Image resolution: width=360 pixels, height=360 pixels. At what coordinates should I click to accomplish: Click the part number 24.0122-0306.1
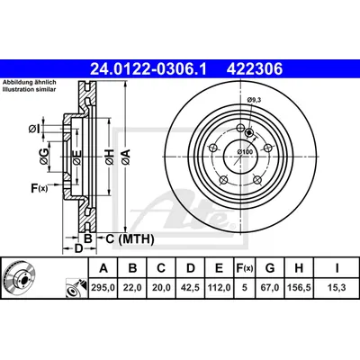148,68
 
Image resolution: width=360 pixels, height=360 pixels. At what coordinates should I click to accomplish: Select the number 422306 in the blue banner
255,68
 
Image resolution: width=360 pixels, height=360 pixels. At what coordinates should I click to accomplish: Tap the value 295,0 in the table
103,288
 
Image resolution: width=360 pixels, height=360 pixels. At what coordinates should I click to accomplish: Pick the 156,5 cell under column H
299,288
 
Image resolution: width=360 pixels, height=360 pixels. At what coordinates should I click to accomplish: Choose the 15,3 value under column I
337,288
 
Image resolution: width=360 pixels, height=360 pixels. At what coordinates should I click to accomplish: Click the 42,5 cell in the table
191,288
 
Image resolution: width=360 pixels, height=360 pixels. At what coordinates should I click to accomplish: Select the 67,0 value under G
270,288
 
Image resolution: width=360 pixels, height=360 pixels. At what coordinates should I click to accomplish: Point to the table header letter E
220,268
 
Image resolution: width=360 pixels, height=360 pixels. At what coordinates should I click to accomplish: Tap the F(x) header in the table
245,268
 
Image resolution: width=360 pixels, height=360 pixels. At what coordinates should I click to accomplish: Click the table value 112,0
220,288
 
